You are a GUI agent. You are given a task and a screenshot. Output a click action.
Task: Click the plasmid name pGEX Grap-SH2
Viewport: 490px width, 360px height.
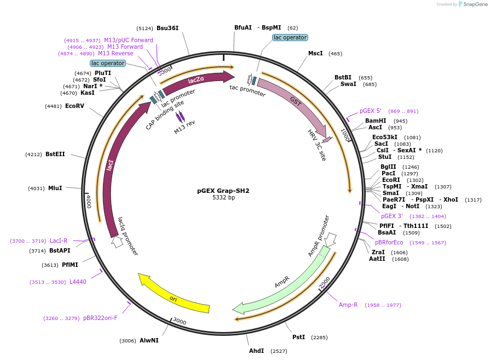(223, 191)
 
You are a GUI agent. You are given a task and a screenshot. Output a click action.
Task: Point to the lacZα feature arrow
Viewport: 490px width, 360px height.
(197, 81)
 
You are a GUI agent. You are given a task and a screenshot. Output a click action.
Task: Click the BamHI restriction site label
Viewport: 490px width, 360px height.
(376, 121)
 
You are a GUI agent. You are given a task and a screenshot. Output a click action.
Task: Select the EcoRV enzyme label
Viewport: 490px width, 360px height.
(74, 106)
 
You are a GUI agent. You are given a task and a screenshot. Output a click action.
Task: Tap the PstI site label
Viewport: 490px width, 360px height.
(298, 337)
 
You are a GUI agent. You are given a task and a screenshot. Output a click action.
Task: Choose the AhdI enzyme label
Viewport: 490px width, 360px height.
(256, 351)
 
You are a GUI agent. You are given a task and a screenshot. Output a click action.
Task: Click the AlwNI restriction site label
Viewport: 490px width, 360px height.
(149, 340)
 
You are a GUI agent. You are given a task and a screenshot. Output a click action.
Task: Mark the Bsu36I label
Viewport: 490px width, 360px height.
(168, 28)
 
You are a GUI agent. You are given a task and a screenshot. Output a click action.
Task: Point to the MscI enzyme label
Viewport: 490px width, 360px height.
(315, 53)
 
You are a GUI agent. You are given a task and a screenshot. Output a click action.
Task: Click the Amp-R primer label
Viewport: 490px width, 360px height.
(348, 305)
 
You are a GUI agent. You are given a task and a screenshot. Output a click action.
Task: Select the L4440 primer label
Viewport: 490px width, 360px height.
(78, 282)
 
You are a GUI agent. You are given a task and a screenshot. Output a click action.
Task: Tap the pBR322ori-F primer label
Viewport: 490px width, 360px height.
(100, 318)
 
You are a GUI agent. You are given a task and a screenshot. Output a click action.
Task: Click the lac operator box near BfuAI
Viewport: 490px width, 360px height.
(290, 37)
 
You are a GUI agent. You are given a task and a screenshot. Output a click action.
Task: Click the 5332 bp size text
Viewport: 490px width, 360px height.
(223, 197)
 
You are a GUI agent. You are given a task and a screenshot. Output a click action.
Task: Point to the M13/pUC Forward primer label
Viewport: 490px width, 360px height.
(129, 40)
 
